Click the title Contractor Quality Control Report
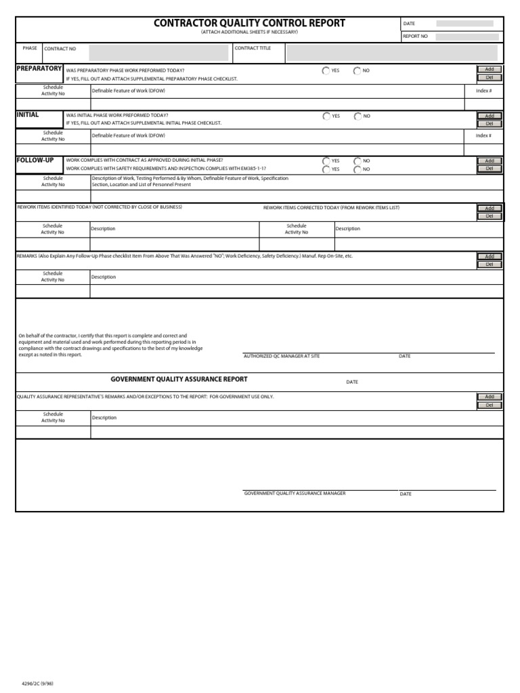(249, 23)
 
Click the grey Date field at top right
(464, 24)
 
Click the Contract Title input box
(391, 52)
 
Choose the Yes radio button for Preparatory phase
(326, 70)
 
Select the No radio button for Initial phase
(357, 116)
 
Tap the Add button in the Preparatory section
(490, 69)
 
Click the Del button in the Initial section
(490, 124)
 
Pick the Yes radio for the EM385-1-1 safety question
(326, 169)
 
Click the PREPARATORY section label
(39, 69)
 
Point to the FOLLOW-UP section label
(35, 160)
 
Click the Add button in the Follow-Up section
(490, 161)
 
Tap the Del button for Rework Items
(490, 217)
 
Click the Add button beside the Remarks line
(490, 256)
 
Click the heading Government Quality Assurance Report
(179, 380)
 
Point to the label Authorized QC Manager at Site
(281, 356)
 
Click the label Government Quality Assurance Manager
(295, 493)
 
